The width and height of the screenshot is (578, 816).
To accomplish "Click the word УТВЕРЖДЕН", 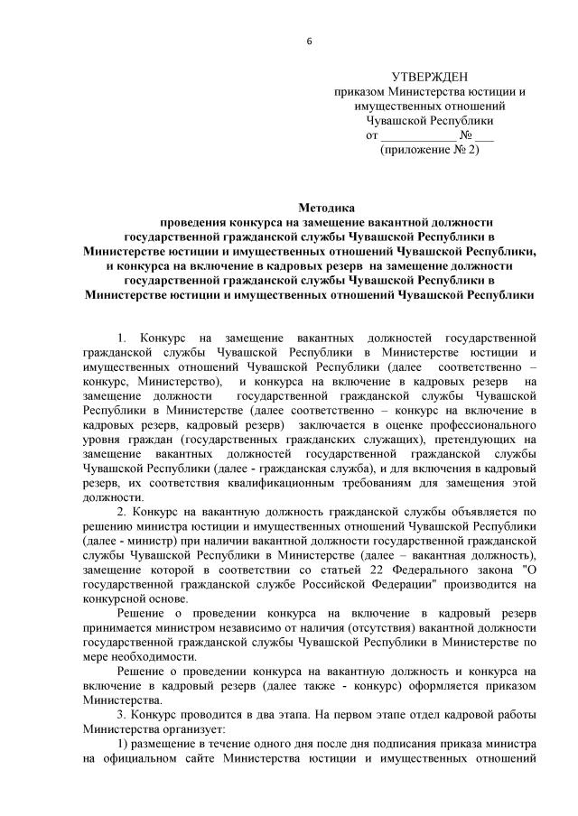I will click(430, 78).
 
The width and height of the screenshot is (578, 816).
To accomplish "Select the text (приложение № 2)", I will click(430, 149).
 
